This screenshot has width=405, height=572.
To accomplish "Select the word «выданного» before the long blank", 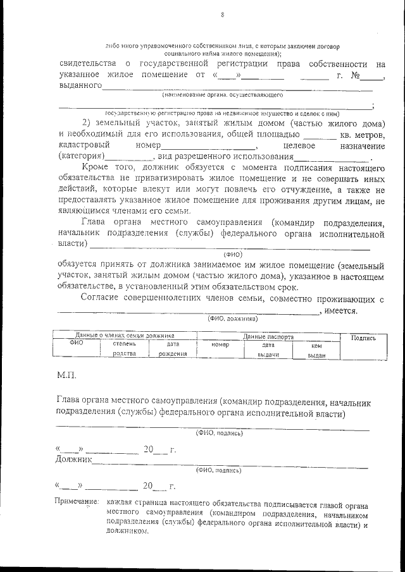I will pos(79,85).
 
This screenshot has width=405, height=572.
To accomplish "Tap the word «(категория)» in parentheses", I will pos(81,156).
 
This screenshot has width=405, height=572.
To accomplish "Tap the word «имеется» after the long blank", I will pos(341,310).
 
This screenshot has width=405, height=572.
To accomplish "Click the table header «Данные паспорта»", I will pos(268,338).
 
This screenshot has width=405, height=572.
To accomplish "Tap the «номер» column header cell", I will pos(220,345).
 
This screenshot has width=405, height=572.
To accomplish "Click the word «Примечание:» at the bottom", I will pos(77,501).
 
